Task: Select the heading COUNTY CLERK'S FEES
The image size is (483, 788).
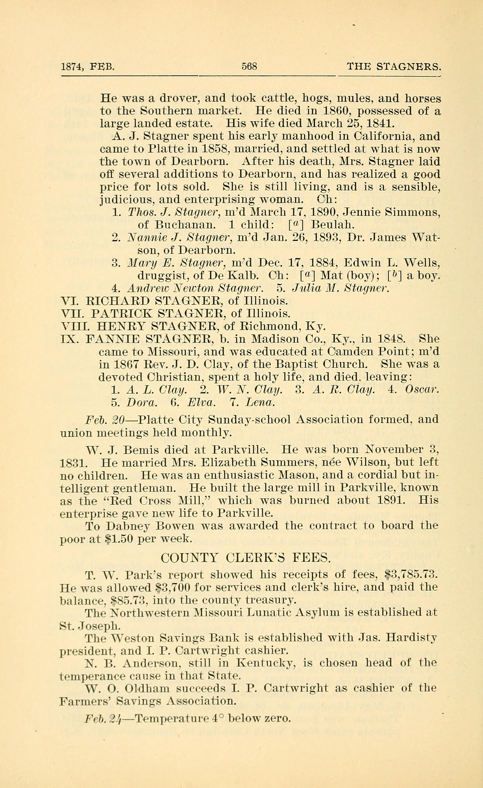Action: click(245, 558)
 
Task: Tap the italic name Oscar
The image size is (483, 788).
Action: click(422, 389)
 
